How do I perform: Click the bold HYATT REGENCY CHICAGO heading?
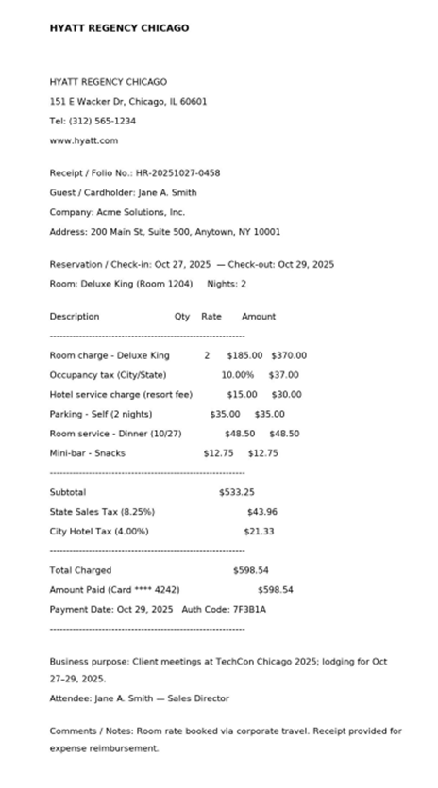(119, 28)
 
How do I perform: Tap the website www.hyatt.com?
(84, 140)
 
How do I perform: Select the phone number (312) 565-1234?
(102, 121)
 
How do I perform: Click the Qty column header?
(181, 317)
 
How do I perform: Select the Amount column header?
(259, 317)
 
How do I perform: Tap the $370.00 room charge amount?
(289, 356)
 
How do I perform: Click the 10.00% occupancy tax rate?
(238, 375)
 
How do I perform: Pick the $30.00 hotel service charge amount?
(287, 395)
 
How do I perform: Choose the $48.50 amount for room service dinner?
(284, 435)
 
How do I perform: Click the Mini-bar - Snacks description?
(87, 453)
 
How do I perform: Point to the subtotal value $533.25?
(237, 492)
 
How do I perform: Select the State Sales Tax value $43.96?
(262, 512)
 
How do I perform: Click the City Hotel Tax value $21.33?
(259, 532)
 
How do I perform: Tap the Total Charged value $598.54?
(251, 570)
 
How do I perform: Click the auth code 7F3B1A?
(249, 609)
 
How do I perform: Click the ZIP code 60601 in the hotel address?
(193, 101)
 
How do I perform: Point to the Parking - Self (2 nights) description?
(101, 415)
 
